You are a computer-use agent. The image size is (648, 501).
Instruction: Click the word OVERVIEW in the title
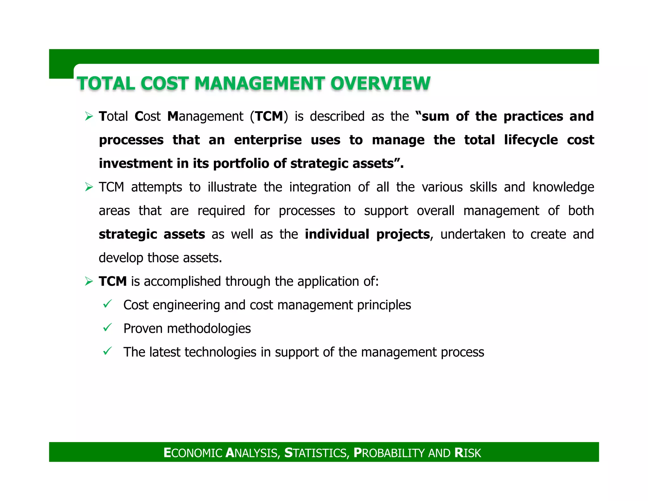click(x=380, y=84)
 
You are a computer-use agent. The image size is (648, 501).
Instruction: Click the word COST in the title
click(x=165, y=84)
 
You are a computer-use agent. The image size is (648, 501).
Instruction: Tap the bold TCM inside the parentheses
click(x=269, y=117)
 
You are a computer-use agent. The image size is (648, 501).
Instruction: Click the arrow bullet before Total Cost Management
click(x=89, y=117)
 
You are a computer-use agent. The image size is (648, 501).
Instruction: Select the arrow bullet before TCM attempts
click(x=89, y=187)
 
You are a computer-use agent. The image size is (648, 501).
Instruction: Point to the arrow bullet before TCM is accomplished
click(x=89, y=281)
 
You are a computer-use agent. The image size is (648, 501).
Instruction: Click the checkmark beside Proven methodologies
click(x=108, y=327)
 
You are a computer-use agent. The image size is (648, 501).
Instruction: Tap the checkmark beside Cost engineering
click(x=108, y=304)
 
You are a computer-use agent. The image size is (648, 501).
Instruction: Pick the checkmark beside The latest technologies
click(x=108, y=351)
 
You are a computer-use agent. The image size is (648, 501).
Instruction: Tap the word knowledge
click(x=563, y=187)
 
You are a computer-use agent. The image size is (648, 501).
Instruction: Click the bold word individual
click(x=337, y=234)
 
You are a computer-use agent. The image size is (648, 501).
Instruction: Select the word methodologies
click(x=209, y=329)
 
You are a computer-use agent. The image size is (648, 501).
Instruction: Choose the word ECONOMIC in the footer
click(x=193, y=453)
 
